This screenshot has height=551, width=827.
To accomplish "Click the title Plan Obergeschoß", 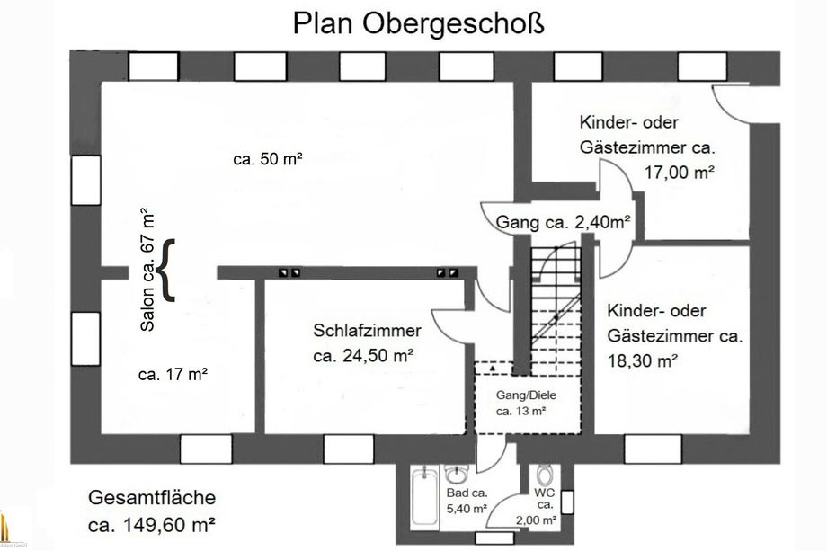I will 418,23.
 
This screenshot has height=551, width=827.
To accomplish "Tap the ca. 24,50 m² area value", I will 363,356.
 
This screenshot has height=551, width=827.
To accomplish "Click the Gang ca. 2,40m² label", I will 563,221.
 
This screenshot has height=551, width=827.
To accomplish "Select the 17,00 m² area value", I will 679,171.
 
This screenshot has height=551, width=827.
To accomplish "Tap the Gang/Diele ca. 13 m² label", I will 522,404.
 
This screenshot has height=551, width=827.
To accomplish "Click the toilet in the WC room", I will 543,475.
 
